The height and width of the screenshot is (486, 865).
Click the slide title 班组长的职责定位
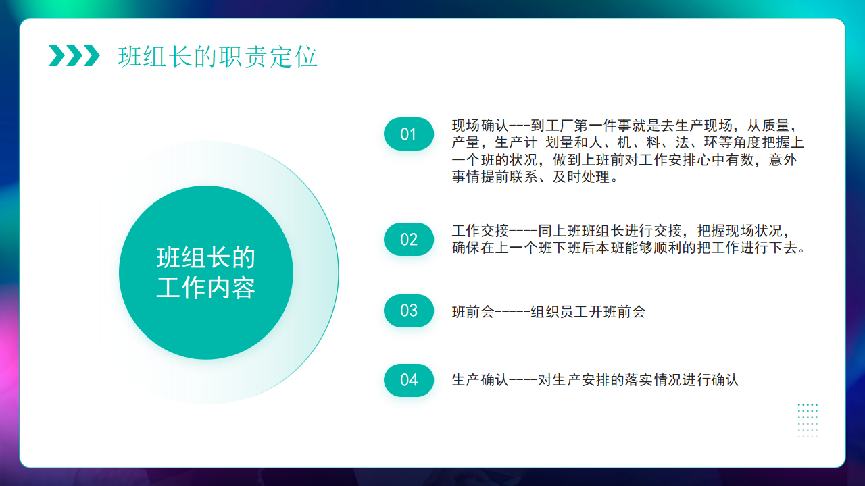[218, 57]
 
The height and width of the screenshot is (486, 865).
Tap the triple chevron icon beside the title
[74, 56]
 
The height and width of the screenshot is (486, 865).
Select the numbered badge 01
[409, 134]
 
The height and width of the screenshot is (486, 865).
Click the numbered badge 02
[409, 239]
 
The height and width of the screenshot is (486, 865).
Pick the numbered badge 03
[409, 310]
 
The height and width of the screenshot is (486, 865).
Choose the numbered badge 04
[409, 380]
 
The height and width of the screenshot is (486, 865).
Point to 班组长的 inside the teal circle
[206, 258]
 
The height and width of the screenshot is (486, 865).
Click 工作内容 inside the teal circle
[206, 288]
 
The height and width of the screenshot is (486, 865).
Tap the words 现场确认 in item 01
[480, 126]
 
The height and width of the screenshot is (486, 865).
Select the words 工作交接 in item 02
[480, 231]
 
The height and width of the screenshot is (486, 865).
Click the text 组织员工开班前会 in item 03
[588, 312]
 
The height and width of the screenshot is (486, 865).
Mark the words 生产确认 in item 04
[480, 380]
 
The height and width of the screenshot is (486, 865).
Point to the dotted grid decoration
[808, 421]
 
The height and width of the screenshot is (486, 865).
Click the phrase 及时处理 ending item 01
[581, 177]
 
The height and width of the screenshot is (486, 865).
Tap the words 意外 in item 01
[783, 160]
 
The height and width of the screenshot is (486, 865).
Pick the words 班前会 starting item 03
[473, 312]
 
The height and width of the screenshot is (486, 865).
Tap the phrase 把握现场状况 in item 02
[739, 231]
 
